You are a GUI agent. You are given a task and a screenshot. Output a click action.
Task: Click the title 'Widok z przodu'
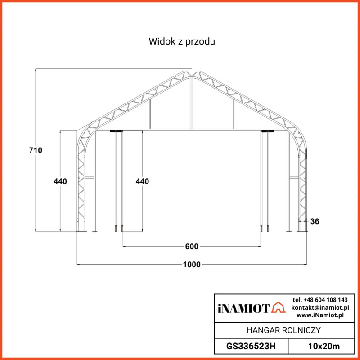tap(182, 41)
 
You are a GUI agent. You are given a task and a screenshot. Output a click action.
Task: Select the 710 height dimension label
tap(36, 150)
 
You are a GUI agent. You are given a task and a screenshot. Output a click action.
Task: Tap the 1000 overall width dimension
tap(192, 265)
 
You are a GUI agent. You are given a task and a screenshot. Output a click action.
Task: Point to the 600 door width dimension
tap(192, 247)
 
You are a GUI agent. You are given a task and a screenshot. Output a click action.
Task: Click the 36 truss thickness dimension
tap(315, 221)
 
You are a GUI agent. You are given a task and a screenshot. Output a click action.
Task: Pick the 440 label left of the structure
tap(60, 181)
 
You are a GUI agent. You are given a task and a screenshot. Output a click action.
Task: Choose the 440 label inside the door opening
tap(142, 181)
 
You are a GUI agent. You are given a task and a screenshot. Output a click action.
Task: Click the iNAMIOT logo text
tap(243, 308)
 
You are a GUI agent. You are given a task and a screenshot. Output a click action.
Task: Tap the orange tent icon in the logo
tap(278, 307)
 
